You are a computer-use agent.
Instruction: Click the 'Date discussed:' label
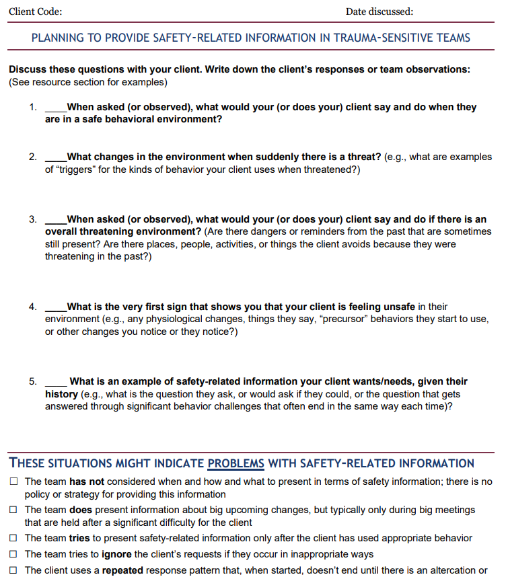point(379,11)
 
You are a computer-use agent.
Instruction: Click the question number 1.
point(32,108)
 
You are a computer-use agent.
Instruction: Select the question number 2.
point(32,157)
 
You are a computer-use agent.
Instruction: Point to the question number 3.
point(32,219)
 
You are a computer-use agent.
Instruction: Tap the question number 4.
point(32,307)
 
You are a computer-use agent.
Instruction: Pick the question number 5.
point(32,381)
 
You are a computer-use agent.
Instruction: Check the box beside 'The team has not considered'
point(14,482)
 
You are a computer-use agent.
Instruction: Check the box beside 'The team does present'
point(14,510)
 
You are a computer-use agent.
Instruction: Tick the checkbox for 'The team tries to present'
point(14,538)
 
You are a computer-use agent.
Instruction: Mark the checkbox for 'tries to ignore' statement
point(14,554)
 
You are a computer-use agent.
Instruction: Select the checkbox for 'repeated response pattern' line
point(14,570)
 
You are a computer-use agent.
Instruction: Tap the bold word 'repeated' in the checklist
point(124,570)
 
